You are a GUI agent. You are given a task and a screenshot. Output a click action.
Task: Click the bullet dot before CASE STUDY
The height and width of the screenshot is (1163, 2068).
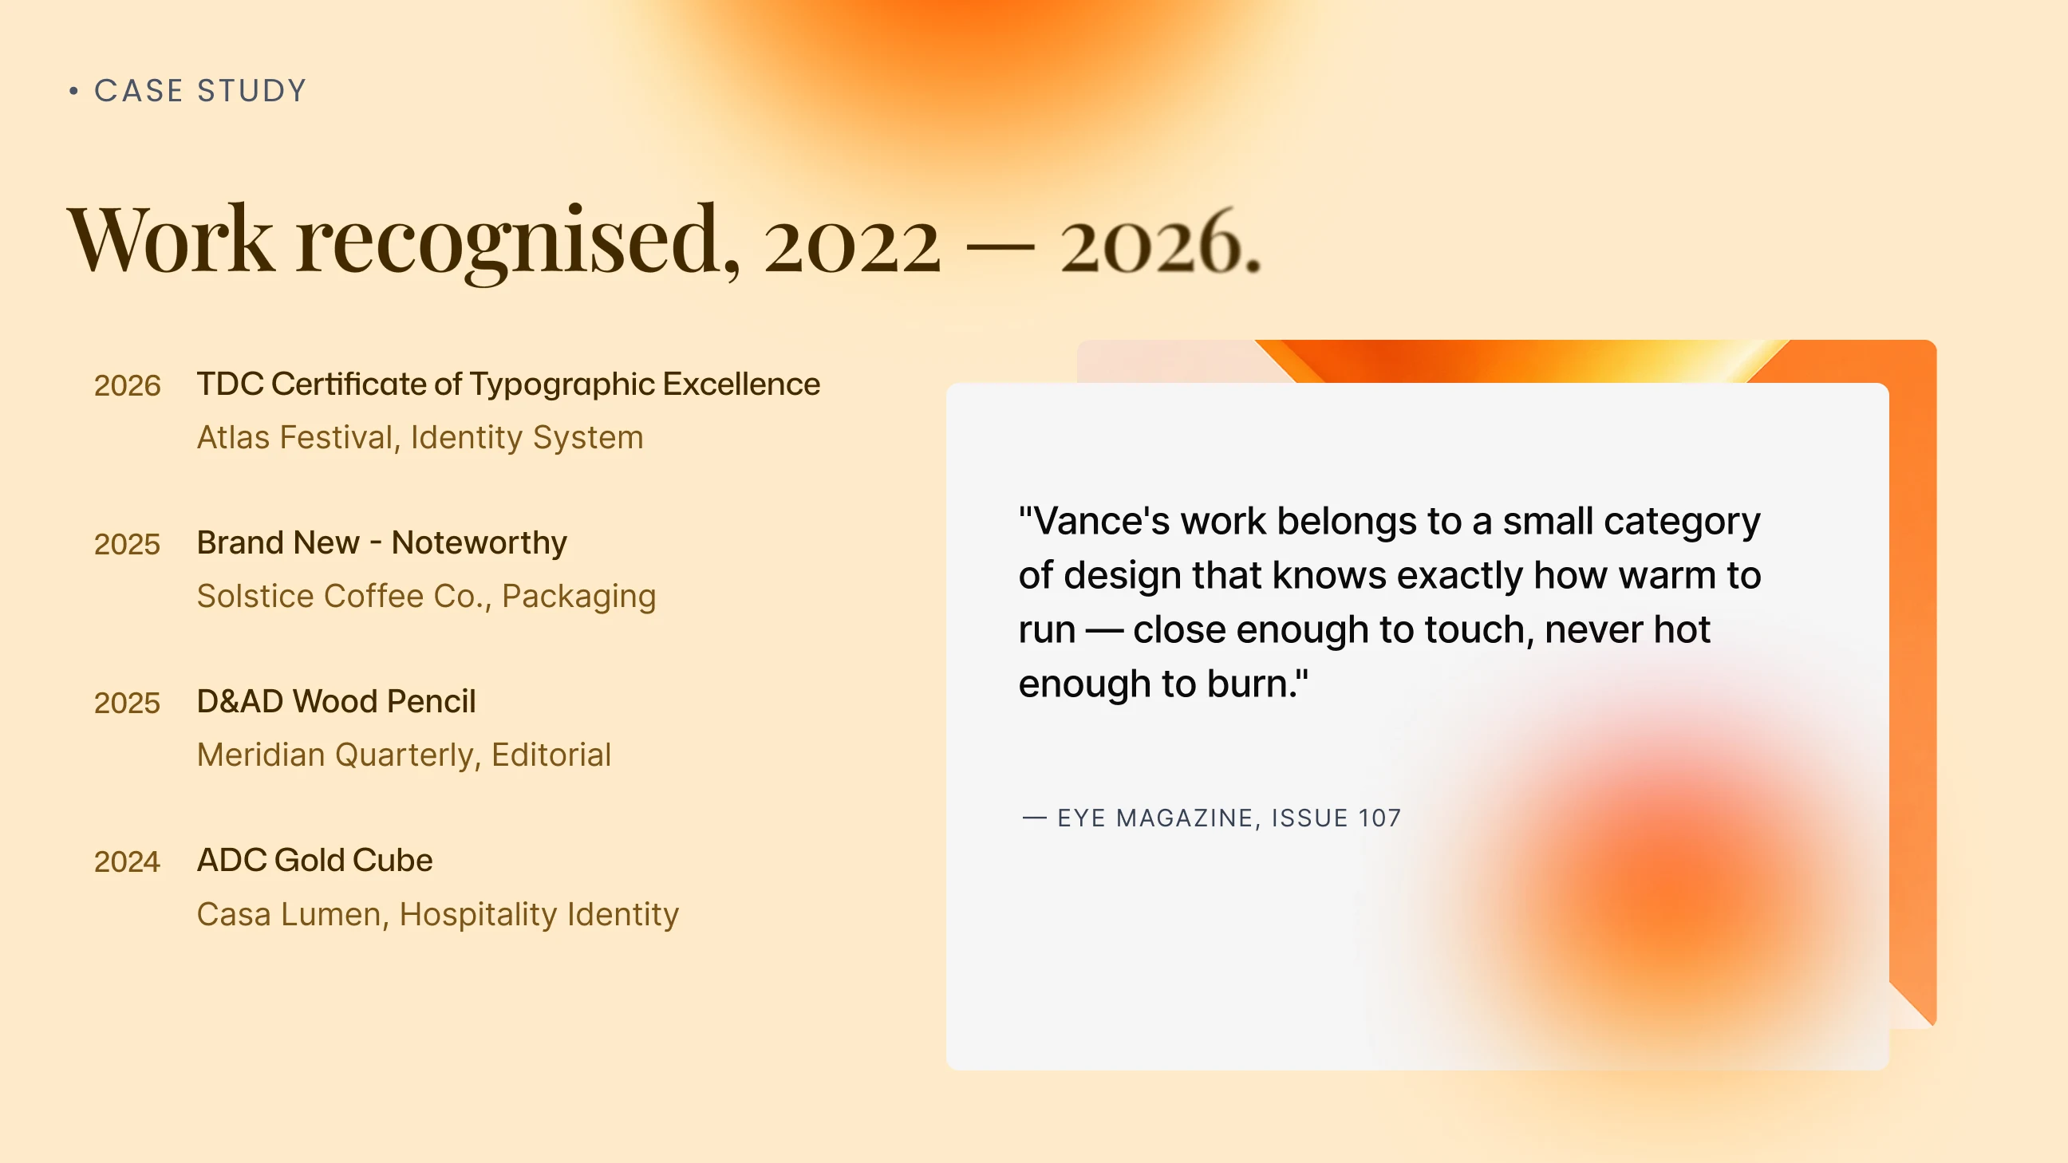(74, 92)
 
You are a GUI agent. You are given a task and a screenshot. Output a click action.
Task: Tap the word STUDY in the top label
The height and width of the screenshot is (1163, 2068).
(252, 91)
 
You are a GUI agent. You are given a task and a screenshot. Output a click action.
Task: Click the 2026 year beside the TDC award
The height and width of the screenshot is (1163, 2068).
(127, 385)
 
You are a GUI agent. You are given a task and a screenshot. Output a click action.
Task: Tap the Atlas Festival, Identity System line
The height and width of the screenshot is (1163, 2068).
(420, 438)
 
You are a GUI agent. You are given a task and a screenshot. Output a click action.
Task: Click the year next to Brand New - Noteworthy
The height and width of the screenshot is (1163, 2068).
(127, 544)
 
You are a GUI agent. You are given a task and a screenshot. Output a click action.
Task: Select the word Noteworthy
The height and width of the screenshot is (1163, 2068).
(480, 542)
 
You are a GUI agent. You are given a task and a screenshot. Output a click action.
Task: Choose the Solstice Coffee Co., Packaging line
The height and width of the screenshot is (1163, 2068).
(426, 597)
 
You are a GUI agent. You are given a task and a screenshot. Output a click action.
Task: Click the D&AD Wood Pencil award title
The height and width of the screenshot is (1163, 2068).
(337, 701)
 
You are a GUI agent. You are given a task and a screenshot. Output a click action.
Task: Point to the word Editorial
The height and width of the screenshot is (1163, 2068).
(551, 755)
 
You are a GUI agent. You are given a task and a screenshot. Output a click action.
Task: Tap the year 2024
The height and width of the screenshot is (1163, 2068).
(127, 862)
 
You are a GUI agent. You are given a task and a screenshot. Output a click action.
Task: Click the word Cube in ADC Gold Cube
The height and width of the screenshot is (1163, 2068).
(393, 861)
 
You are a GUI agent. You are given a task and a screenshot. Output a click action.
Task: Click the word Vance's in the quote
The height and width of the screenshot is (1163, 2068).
(1094, 522)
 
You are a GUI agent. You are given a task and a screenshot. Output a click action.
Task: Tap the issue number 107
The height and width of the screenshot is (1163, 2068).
(1379, 818)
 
